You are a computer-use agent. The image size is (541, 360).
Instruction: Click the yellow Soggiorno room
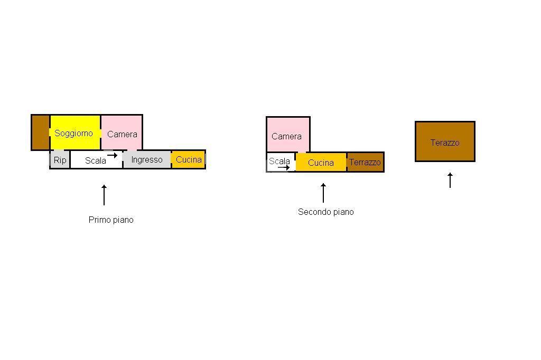pos(75,133)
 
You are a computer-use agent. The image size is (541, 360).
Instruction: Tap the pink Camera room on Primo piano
pos(122,133)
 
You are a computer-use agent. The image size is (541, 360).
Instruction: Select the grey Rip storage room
pos(60,159)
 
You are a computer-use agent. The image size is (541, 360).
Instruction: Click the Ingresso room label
pos(147,159)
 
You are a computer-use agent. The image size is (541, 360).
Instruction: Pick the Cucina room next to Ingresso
pos(189,159)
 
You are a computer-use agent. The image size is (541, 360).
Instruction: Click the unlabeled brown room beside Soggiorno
pos(40,132)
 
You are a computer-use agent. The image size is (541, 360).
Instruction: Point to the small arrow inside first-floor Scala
pos(112,155)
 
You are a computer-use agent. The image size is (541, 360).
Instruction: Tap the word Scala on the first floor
pos(96,160)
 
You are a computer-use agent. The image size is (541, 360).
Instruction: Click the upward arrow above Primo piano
pos(104,195)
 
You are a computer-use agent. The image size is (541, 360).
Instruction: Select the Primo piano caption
pos(111,220)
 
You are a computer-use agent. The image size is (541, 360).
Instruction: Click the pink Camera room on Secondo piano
pos(288,135)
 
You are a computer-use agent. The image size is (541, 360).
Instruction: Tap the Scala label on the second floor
pos(279,161)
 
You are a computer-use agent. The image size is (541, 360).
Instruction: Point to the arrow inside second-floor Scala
pos(284,167)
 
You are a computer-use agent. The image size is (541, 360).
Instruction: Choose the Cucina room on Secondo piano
pos(321,163)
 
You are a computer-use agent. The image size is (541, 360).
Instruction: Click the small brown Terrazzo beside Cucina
pos(365,162)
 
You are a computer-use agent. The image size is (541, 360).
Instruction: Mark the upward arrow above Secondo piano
pos(323,193)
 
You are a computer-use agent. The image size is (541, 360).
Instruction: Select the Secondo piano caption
pos(326,212)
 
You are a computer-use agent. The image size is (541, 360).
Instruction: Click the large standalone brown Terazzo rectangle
pos(445,141)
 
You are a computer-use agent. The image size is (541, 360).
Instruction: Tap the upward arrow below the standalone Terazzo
pos(450,181)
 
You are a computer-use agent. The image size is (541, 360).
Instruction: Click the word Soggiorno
pos(74,134)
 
